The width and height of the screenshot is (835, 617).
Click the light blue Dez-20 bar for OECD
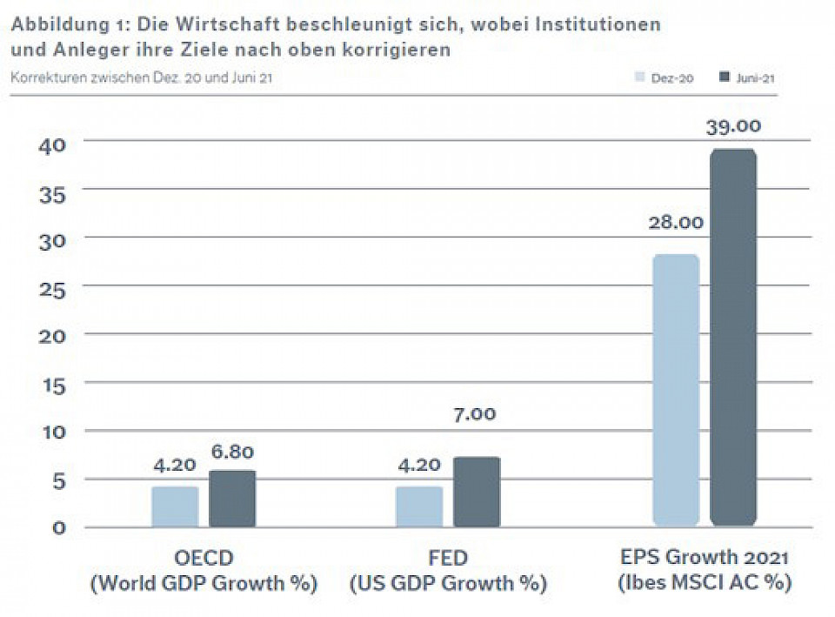tap(175, 506)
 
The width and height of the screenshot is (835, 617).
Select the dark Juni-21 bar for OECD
tap(232, 499)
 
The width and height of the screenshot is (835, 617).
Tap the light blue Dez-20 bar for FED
tap(419, 506)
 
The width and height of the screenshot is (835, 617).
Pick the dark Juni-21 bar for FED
tap(477, 492)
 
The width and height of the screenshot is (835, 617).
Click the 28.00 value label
tap(676, 223)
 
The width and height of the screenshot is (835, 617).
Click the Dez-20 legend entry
tap(666, 78)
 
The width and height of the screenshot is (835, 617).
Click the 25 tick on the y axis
tap(51, 289)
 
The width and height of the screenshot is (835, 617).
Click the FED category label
tap(448, 558)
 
